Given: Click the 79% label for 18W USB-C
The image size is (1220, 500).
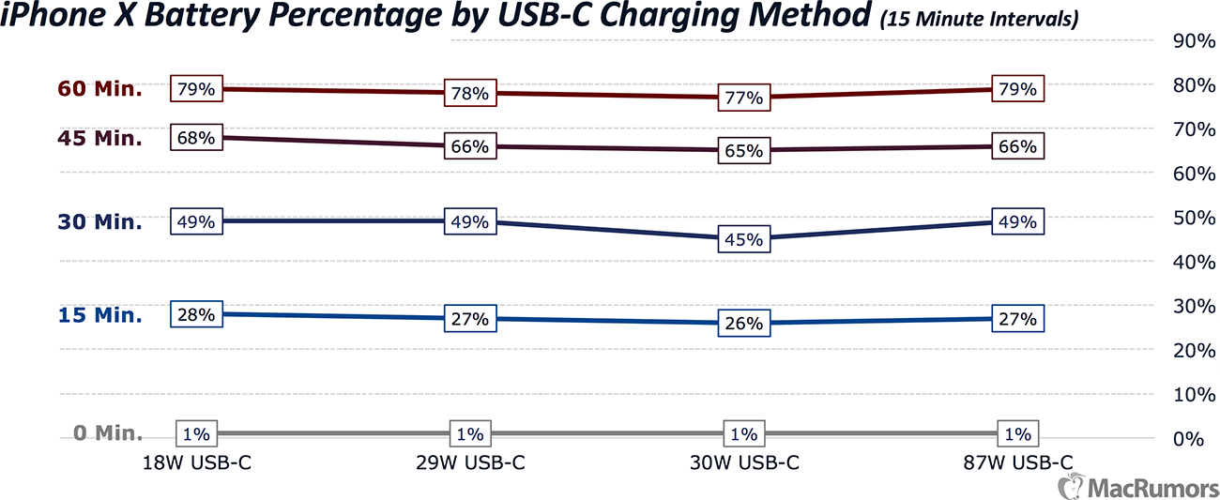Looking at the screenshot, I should [x=196, y=89].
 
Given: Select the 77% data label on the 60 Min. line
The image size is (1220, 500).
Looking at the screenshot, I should [x=743, y=98].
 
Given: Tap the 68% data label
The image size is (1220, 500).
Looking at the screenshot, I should [x=196, y=138].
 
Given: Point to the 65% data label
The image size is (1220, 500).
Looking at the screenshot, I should [x=743, y=151].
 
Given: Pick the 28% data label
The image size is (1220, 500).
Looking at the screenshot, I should [x=196, y=314].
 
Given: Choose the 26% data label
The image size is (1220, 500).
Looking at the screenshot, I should [x=743, y=324].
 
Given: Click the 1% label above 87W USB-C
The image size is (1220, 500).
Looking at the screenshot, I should [x=1017, y=434].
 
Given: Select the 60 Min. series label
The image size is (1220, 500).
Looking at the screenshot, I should [x=99, y=89].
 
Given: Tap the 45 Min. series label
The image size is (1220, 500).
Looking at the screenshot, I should [x=99, y=139].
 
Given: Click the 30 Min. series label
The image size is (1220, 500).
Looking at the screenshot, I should [x=99, y=222].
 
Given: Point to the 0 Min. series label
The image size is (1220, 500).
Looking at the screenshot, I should [x=108, y=433].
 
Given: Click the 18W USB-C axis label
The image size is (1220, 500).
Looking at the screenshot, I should [x=196, y=462].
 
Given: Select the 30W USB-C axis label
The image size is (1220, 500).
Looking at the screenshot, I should [x=743, y=462].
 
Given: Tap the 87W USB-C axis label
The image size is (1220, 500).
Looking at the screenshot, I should [x=1017, y=462].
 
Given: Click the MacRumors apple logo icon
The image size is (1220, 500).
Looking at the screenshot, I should [x=1069, y=486].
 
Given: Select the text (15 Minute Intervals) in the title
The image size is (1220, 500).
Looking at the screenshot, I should [x=976, y=19].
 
